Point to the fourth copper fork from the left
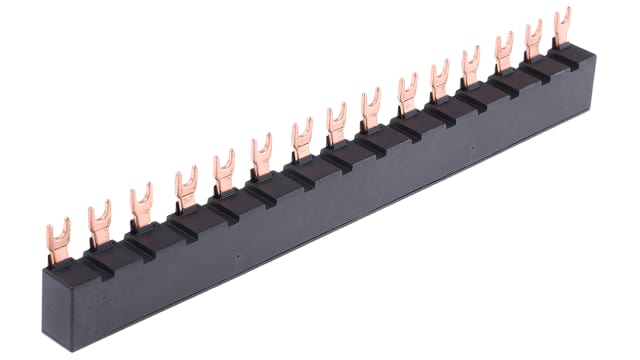(184, 189)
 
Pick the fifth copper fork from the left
(222, 172)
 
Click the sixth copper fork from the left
(262, 157)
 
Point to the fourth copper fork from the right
(470, 69)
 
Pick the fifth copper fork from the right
(439, 83)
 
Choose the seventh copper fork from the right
(370, 111)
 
